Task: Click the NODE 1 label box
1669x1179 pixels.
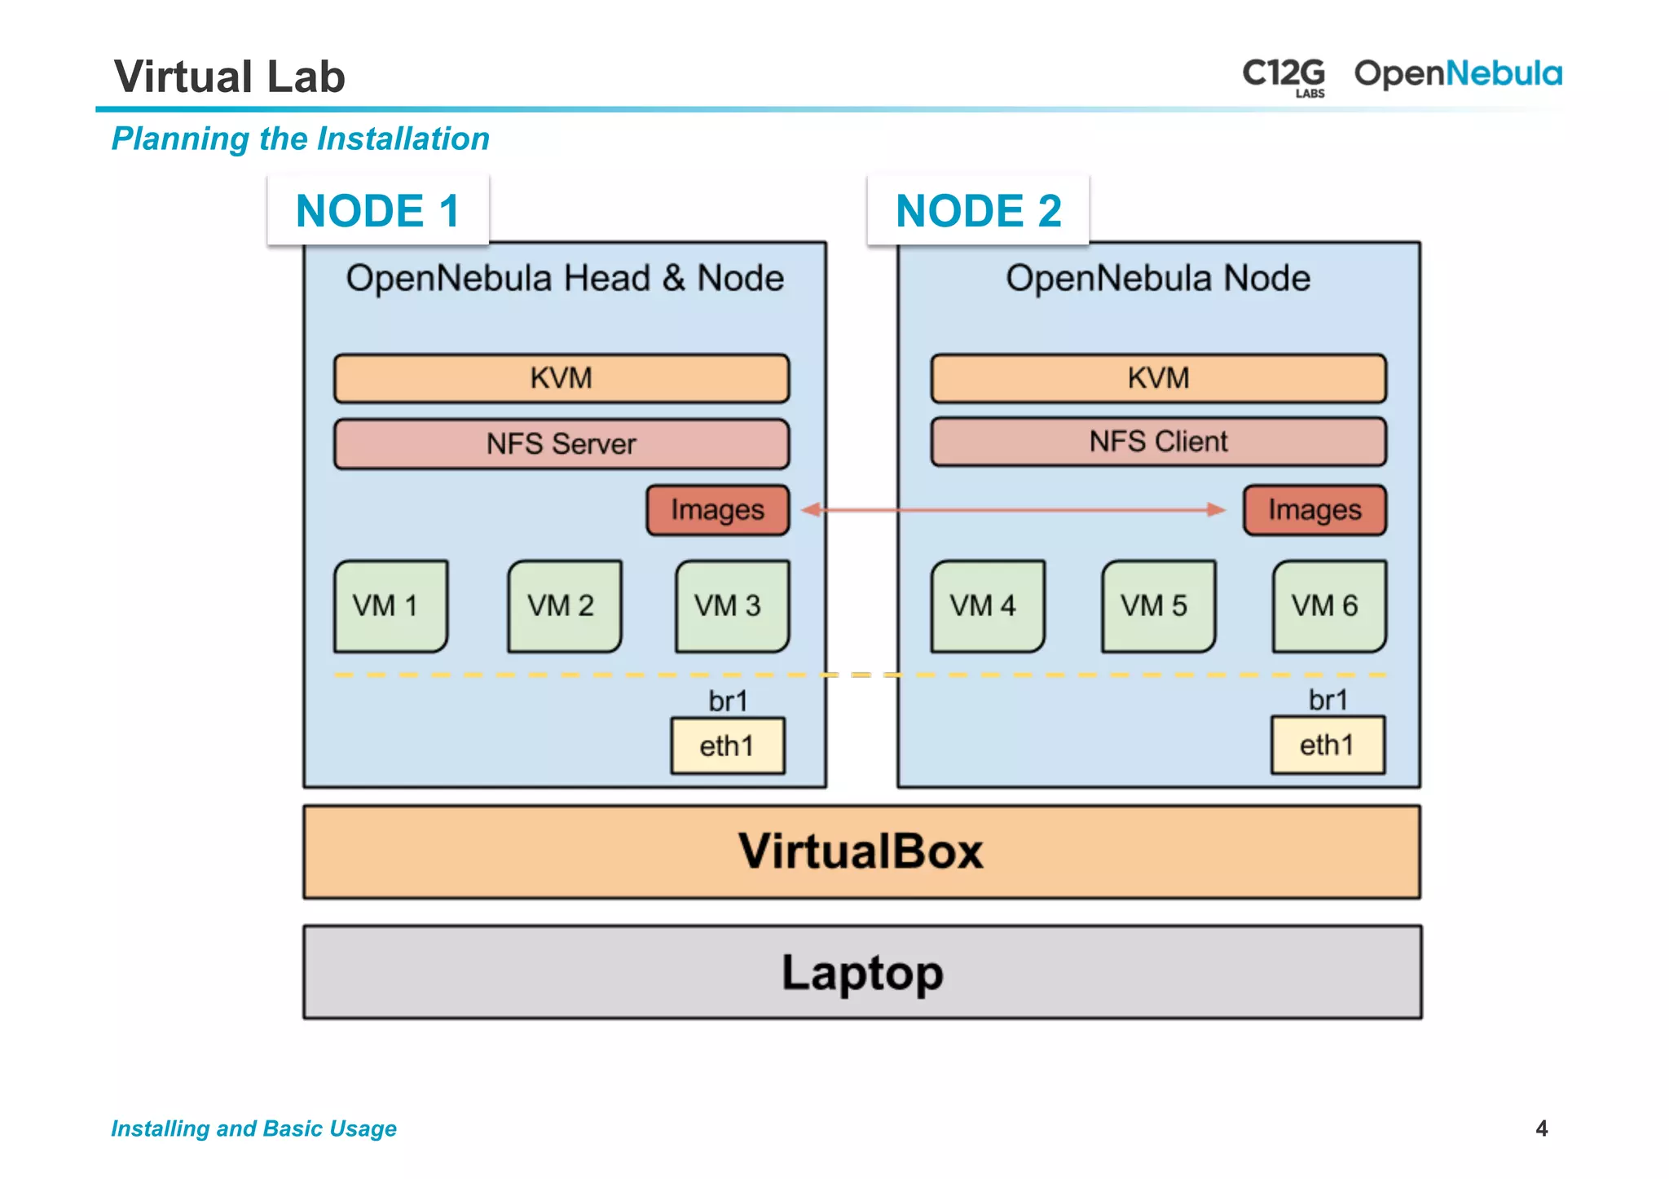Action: [x=378, y=210]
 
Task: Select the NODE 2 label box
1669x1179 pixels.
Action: [x=978, y=210]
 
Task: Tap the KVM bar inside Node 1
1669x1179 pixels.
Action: [x=561, y=378]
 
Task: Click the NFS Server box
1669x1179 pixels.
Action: [x=561, y=444]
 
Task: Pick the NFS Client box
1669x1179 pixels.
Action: [x=1158, y=442]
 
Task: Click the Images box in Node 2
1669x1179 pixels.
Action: [x=1315, y=510]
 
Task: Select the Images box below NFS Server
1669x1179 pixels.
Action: [x=717, y=510]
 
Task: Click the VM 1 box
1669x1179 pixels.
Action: [x=390, y=605]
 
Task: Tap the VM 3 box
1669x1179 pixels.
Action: [x=732, y=605]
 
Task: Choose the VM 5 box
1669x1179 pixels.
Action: [x=1158, y=605]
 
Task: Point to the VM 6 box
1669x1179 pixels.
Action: [x=1328, y=605]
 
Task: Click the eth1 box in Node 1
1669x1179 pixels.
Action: [x=728, y=746]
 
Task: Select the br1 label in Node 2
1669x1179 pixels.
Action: [x=1328, y=700]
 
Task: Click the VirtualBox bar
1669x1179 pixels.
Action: [x=861, y=852]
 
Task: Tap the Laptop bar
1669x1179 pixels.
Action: [x=862, y=972]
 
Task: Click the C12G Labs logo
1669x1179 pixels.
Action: [x=1284, y=76]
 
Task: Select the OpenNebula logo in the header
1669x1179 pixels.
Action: [x=1458, y=74]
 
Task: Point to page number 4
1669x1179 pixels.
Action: [x=1541, y=1128]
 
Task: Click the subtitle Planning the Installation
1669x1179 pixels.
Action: [x=301, y=139]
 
